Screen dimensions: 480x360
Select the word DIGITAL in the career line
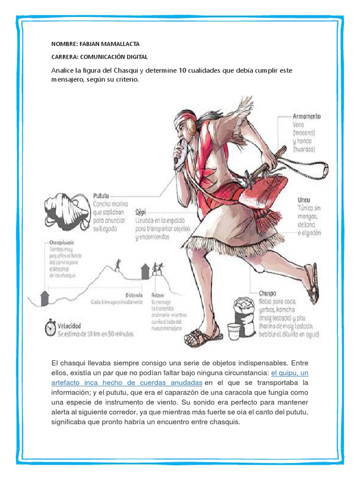pos(135,57)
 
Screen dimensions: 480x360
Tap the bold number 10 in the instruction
pos(183,70)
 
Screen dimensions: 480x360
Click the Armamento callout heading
pos(307,116)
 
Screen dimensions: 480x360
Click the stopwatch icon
pos(51,328)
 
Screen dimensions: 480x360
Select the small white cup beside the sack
pos(233,330)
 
